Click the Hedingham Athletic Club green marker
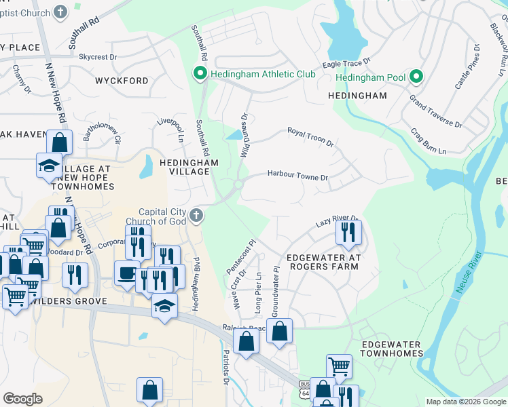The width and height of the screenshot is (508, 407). tap(200, 73)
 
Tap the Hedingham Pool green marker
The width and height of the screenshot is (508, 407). tap(416, 77)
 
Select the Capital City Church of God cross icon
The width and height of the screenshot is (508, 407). tap(196, 216)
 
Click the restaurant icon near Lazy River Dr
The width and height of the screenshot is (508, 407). tap(348, 233)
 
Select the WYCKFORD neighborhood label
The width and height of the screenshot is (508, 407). tap(122, 81)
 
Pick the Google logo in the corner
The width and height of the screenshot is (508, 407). tap(22, 398)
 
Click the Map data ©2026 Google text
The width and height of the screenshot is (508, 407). tap(465, 402)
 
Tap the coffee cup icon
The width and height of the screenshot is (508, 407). tap(126, 273)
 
